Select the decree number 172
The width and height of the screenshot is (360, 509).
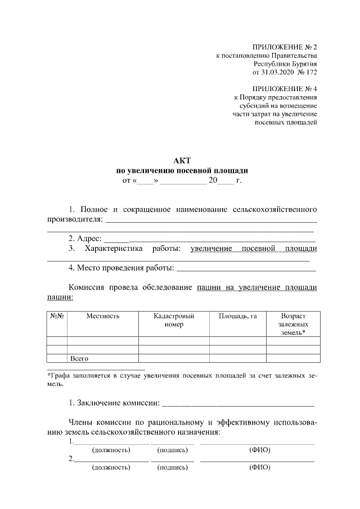[x=311, y=73]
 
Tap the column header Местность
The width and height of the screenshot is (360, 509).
[x=102, y=317]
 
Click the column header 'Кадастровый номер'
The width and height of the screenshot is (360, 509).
[x=174, y=321]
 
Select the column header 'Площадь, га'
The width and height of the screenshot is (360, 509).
[x=237, y=317]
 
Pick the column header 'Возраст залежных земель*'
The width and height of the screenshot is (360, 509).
[x=292, y=325]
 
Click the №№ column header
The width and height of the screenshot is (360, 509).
[x=57, y=317]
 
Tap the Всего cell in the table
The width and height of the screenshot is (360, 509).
[x=80, y=358]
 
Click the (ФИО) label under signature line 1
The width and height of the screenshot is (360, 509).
[x=259, y=450]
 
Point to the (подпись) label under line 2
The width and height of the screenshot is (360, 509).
[x=173, y=468]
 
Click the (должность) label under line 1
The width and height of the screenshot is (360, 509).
[x=111, y=450]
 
